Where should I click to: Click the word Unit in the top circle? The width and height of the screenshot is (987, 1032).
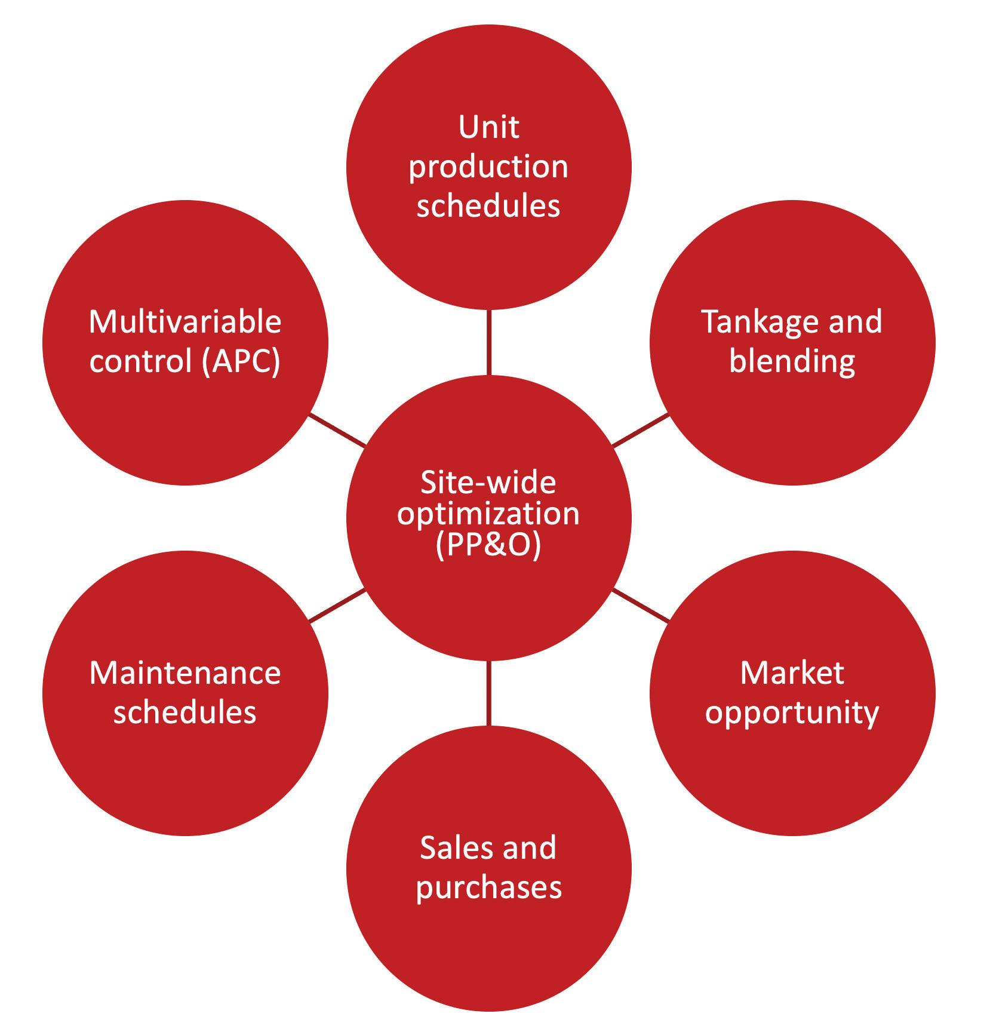coord(488,127)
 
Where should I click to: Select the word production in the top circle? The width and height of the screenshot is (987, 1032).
coord(488,168)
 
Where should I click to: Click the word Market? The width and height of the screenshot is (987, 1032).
coord(792,673)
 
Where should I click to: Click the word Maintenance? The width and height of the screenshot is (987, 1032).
coord(185,673)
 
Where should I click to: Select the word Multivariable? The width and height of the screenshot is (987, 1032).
coord(185,322)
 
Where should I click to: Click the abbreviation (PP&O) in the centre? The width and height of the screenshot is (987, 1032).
coord(488,545)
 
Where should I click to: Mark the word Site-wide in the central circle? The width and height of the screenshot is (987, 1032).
coord(488,482)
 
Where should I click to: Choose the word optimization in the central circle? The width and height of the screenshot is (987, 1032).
coord(488,514)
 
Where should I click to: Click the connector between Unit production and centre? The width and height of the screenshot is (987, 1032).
coord(489,342)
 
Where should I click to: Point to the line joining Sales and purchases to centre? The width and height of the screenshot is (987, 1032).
coord(489,693)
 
